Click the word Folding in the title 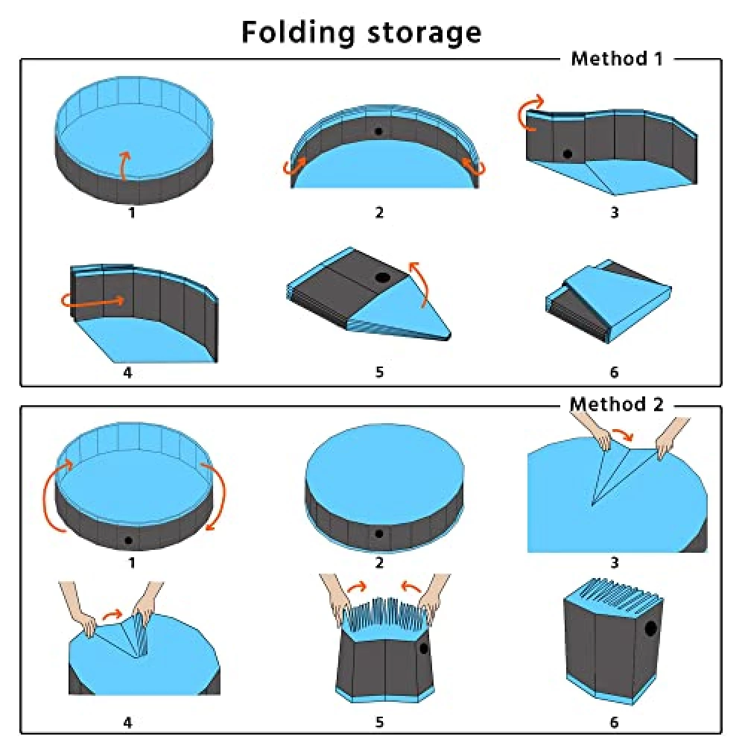(298, 33)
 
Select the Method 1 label (617, 58)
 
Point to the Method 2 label (617, 405)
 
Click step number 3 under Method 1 (615, 212)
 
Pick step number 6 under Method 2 (615, 723)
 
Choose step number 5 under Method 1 (379, 372)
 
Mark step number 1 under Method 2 (132, 562)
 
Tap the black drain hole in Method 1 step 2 (378, 131)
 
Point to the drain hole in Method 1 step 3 (567, 154)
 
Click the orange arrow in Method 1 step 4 (93, 300)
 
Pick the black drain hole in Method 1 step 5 (382, 278)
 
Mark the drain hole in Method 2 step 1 (128, 540)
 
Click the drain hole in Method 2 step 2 (378, 533)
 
